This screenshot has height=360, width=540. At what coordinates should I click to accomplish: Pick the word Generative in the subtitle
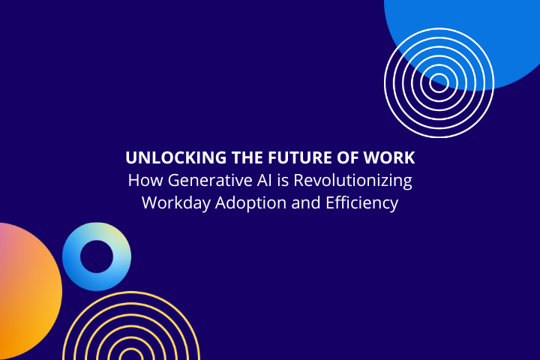coord(210,181)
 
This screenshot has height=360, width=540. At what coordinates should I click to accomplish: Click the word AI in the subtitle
coord(265,180)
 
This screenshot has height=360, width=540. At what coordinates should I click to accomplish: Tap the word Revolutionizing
coord(352,181)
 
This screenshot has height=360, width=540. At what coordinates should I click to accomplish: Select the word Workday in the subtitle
coord(176,203)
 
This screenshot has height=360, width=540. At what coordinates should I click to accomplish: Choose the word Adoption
coord(250,203)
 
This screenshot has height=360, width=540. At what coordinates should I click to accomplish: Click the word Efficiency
coord(362,203)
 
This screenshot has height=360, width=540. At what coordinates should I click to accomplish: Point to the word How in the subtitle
coord(145,181)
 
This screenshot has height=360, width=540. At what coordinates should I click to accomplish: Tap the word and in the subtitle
coord(306,202)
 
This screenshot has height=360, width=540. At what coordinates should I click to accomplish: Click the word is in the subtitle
coord(283,181)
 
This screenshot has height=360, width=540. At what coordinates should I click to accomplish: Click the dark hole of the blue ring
coord(97,256)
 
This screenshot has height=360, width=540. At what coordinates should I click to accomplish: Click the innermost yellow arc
coord(130,349)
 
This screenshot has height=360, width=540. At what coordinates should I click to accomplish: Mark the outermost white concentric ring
coord(385,82)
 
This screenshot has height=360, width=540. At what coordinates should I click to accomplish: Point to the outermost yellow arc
coord(130,292)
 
